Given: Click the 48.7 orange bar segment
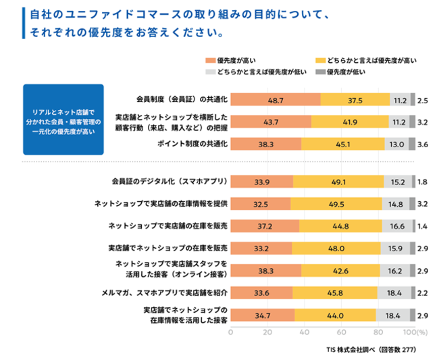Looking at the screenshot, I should click(x=275, y=100).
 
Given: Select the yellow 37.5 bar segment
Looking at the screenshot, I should click(x=355, y=100).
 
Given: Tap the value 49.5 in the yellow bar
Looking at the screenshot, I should click(x=335, y=203).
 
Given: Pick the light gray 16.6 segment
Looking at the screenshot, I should click(x=397, y=226).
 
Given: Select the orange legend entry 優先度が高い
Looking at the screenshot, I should click(x=233, y=61).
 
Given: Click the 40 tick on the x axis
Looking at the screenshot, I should click(x=304, y=332).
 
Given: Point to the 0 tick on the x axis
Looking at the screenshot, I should click(x=231, y=332).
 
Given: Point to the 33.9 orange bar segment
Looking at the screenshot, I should click(x=261, y=182).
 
